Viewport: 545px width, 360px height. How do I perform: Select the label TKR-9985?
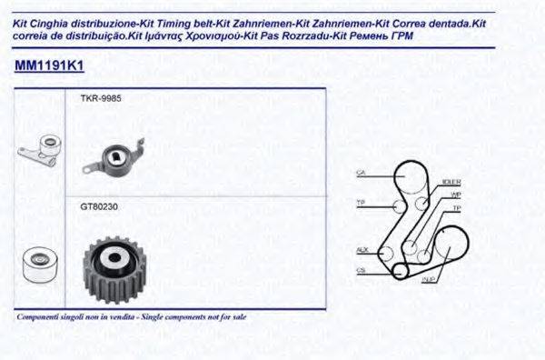100,97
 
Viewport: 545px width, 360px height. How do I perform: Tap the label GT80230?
99,206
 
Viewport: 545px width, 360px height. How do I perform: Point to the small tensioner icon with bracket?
39,150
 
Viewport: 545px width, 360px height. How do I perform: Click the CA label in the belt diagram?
361,173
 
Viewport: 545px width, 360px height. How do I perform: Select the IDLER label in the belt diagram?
450,182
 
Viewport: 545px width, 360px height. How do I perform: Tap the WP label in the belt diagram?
456,195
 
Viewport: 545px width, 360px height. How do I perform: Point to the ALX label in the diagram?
362,249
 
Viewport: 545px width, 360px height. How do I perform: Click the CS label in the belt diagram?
361,269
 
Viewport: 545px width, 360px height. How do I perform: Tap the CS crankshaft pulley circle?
400,270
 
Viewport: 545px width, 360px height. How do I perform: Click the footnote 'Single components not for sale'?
188,317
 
